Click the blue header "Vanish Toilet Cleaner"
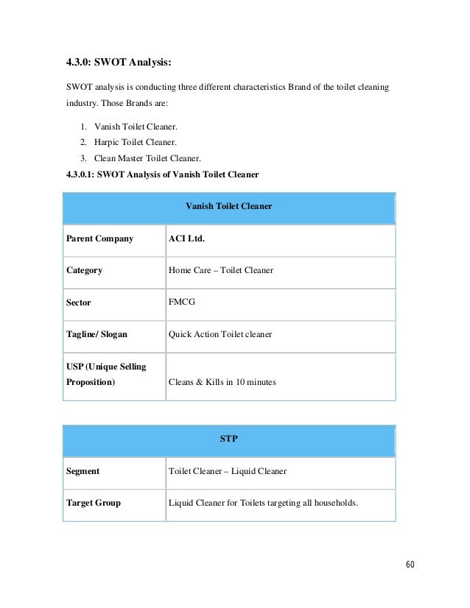[x=229, y=207]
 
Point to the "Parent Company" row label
[x=100, y=238]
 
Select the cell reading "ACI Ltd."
[x=186, y=238]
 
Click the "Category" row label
[x=85, y=270]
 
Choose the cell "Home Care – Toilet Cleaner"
[x=221, y=270]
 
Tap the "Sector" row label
[x=79, y=303]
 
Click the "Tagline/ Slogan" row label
[x=97, y=334]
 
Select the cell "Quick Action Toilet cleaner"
[x=220, y=334]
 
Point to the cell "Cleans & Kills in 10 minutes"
[x=222, y=382]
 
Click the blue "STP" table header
[x=229, y=439]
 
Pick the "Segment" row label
[x=83, y=470]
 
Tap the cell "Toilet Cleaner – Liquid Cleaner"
[x=228, y=470]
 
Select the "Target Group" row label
[x=94, y=503]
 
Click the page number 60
[x=410, y=565]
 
